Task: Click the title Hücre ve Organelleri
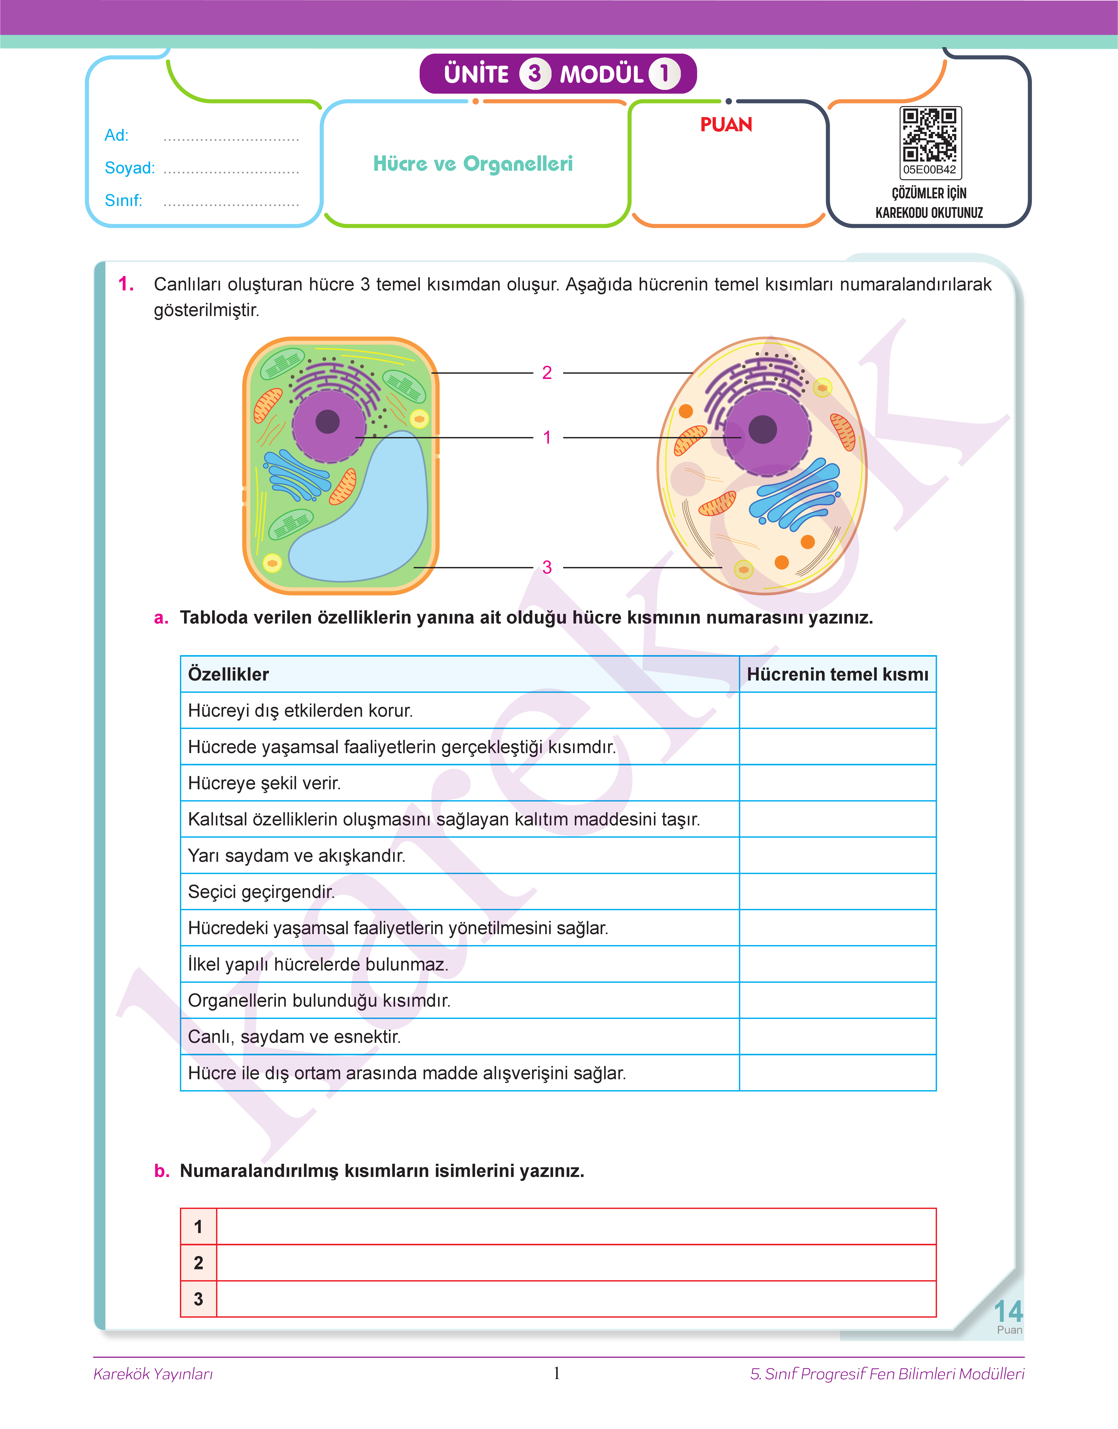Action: (473, 164)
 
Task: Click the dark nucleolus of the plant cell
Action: (327, 421)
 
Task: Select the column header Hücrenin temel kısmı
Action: (837, 674)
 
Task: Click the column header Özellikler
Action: (229, 674)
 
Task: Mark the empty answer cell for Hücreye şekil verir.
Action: (837, 783)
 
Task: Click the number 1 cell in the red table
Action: (198, 1227)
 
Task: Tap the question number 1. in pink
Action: (126, 284)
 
